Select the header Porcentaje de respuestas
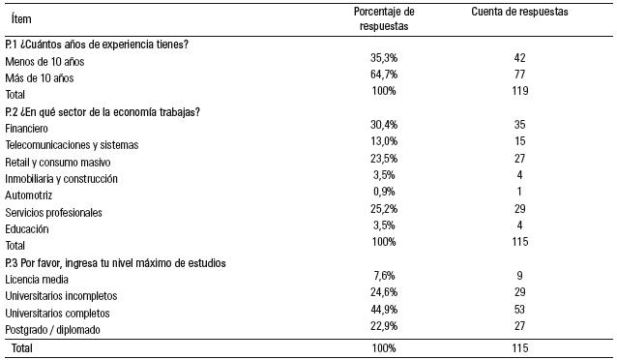384,18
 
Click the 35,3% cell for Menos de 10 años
384,60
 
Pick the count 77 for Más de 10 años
519,76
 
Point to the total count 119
519,92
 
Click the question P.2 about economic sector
103,111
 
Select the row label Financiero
26,128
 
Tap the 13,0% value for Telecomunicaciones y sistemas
384,144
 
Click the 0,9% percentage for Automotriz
384,195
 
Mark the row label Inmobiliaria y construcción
61,178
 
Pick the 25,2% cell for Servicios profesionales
384,211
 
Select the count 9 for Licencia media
519,279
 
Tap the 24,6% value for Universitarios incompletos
384,295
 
